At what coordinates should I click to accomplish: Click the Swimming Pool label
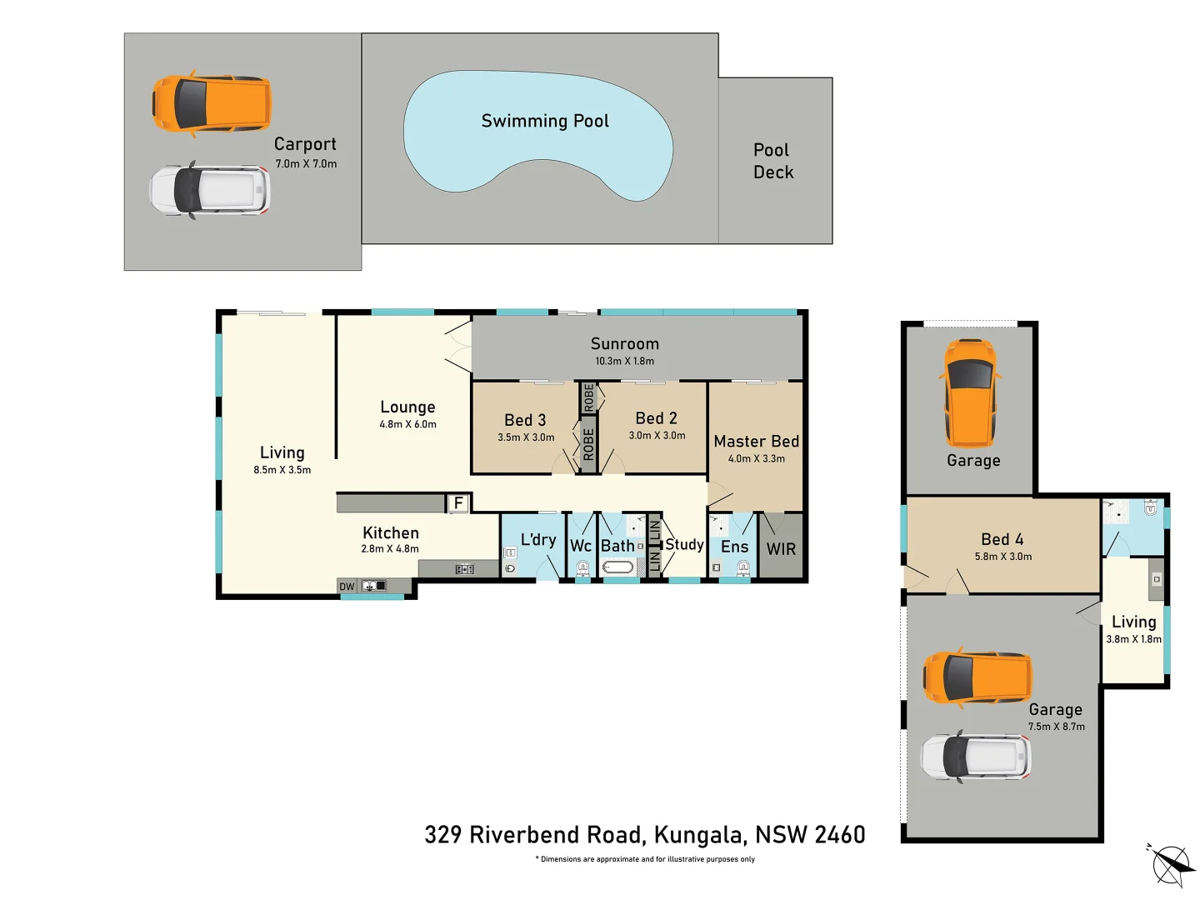545,121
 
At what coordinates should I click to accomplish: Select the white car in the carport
210,190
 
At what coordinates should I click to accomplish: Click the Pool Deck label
772,161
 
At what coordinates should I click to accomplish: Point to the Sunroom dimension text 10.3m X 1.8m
624,361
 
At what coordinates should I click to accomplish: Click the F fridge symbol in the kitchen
457,503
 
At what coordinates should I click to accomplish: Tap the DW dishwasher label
347,587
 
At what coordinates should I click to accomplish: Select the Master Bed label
756,442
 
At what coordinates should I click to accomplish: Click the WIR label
781,549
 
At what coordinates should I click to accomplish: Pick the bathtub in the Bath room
618,567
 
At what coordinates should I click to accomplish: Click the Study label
684,544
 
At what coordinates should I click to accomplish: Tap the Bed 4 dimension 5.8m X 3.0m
1002,557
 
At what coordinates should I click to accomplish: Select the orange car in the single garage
970,393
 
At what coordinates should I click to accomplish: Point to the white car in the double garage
975,757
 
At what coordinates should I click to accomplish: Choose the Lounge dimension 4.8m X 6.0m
407,424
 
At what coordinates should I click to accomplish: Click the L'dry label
537,540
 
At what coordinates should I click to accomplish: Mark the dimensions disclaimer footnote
644,859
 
